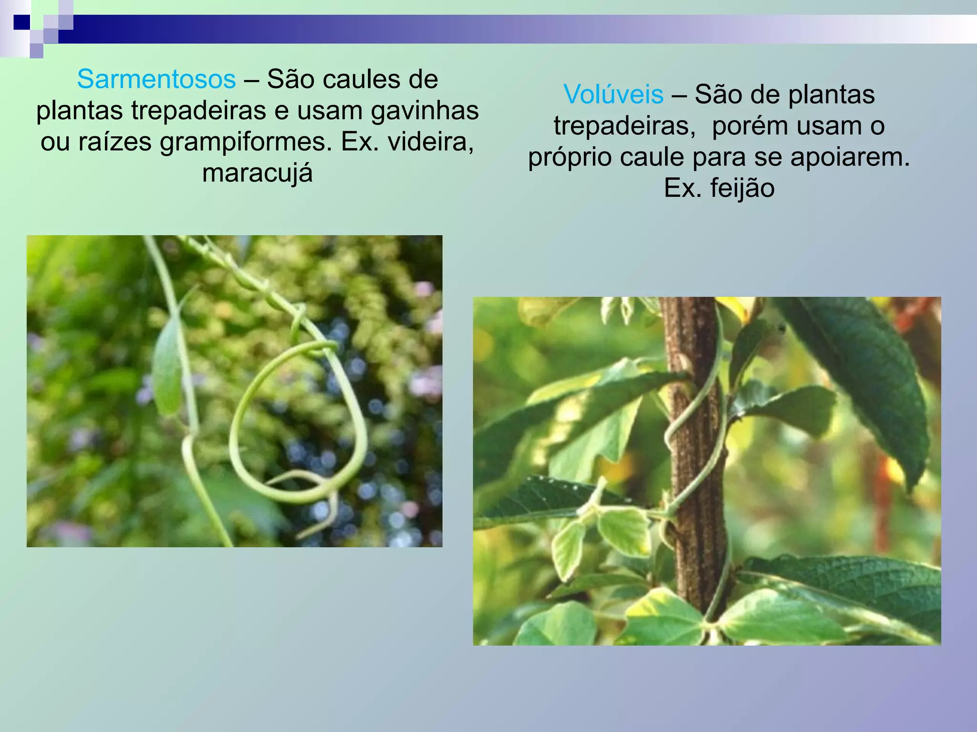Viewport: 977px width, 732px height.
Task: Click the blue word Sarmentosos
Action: click(x=156, y=79)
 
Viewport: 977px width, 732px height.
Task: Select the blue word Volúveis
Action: click(x=613, y=94)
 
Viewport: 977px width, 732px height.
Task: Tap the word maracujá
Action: click(x=257, y=173)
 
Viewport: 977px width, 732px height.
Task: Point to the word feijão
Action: click(x=742, y=188)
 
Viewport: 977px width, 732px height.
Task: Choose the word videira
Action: click(x=427, y=142)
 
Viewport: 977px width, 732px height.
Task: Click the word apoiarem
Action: click(x=850, y=157)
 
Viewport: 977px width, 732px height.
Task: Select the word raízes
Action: click(x=114, y=142)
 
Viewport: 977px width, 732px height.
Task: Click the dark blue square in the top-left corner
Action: click(x=21, y=22)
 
